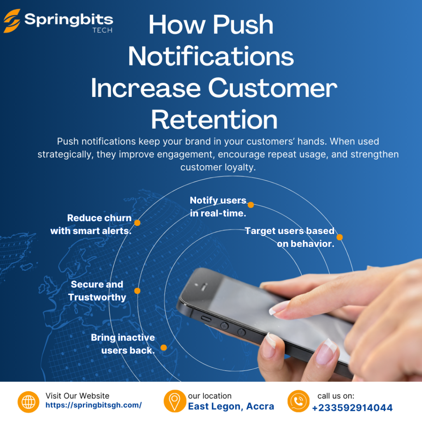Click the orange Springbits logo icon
pyautogui.click(x=12, y=21)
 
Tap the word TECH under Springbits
pyautogui.click(x=102, y=30)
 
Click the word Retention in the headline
pyautogui.click(x=214, y=120)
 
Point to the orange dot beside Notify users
pyautogui.click(x=251, y=205)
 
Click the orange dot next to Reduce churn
pyautogui.click(x=137, y=223)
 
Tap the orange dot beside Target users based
pyautogui.click(x=340, y=237)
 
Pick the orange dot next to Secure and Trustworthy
pyautogui.click(x=137, y=291)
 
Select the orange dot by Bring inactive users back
pyautogui.click(x=164, y=348)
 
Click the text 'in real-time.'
pyautogui.click(x=218, y=213)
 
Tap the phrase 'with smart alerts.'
pyautogui.click(x=91, y=231)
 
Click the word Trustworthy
pyautogui.click(x=97, y=297)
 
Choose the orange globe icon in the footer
pyautogui.click(x=28, y=401)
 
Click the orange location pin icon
pyautogui.click(x=175, y=401)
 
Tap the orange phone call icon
pyautogui.click(x=298, y=401)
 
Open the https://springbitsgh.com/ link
pyautogui.click(x=94, y=405)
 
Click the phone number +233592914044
pyautogui.click(x=352, y=408)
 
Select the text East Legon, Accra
pyautogui.click(x=231, y=406)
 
